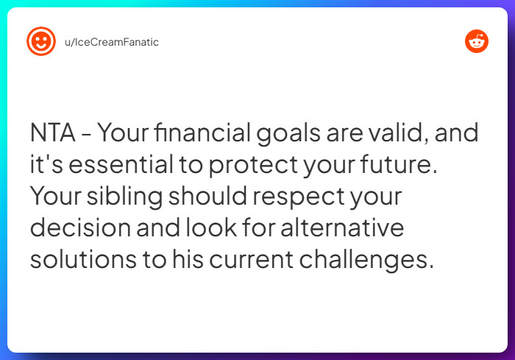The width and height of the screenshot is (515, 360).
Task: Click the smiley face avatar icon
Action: point(40,41)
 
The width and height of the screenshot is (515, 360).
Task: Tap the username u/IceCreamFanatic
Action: point(112,42)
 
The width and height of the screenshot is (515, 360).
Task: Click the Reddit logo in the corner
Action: point(477,41)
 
